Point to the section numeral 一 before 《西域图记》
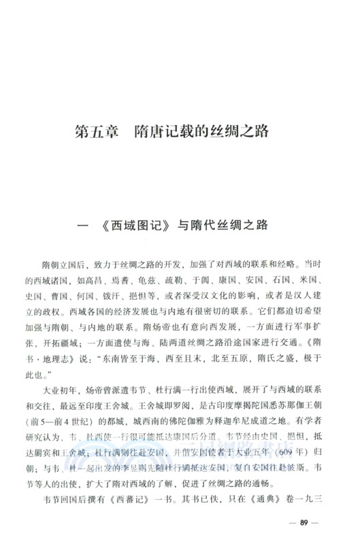coord(85,226)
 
